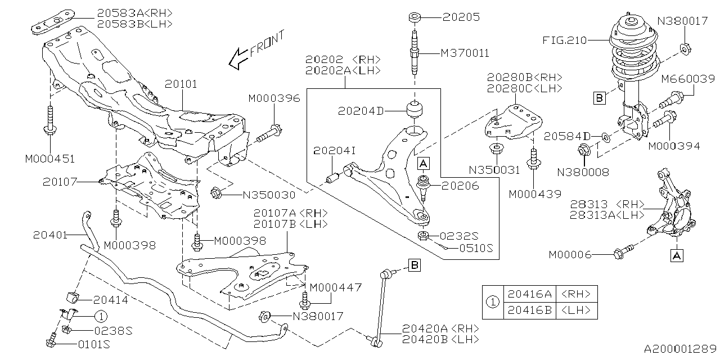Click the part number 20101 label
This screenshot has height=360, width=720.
(x=181, y=84)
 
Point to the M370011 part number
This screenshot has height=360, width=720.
(x=465, y=53)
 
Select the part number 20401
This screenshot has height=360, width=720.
(x=50, y=234)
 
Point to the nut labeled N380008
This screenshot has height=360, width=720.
(x=583, y=150)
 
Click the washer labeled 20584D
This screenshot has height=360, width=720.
(x=604, y=137)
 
